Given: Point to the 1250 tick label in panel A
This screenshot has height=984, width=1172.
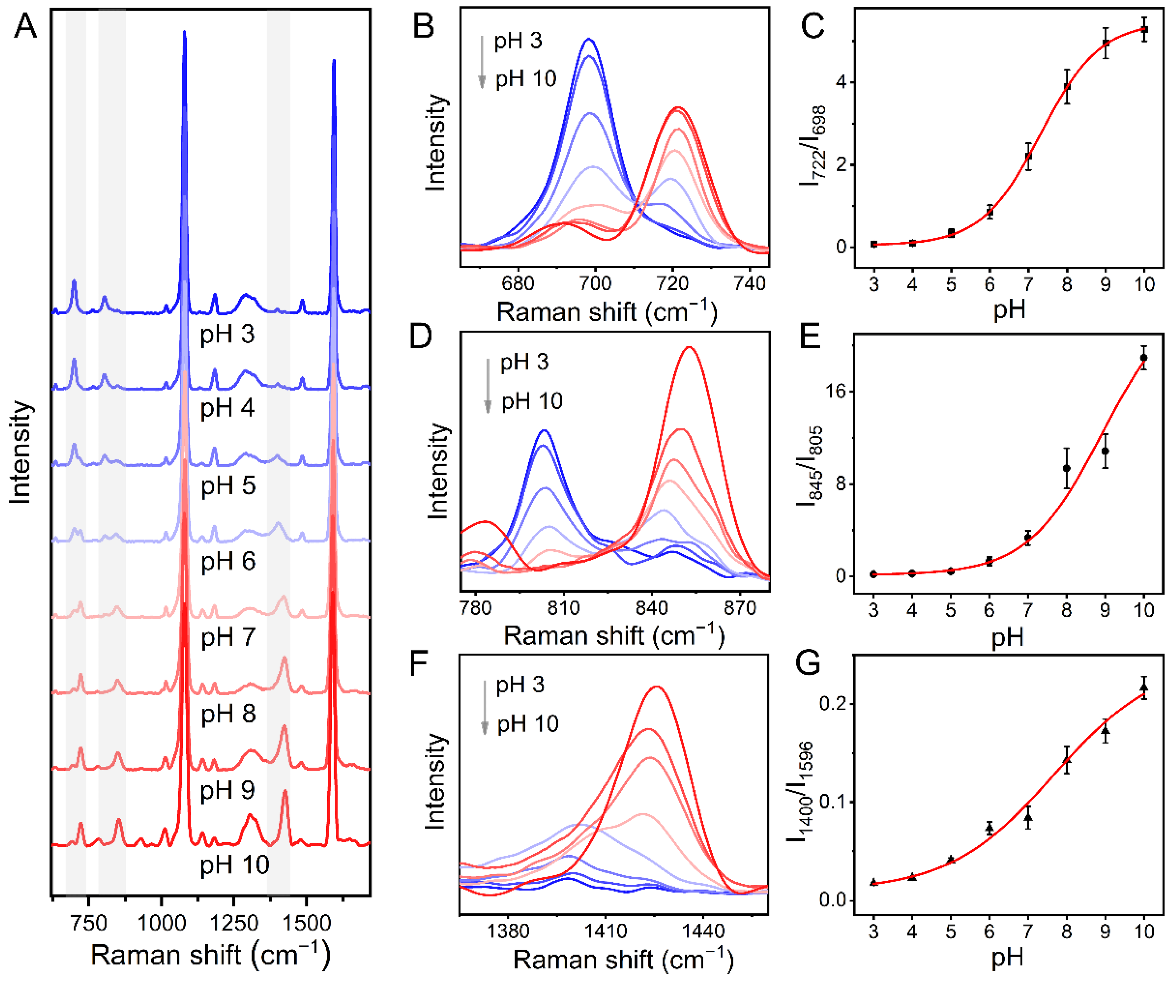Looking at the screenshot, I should pyautogui.click(x=234, y=923).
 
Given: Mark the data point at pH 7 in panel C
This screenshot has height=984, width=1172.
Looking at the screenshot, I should pyautogui.click(x=1028, y=156).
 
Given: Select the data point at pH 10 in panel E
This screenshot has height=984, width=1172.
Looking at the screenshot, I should pyautogui.click(x=1144, y=358).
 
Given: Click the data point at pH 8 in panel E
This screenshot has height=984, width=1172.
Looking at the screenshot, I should pyautogui.click(x=1066, y=468).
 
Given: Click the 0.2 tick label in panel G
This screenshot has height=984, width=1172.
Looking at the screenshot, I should pyautogui.click(x=831, y=703).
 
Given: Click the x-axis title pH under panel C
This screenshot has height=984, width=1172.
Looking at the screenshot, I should pyautogui.click(x=1009, y=310).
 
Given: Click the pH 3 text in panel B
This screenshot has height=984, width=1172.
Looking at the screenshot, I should pyautogui.click(x=518, y=41).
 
